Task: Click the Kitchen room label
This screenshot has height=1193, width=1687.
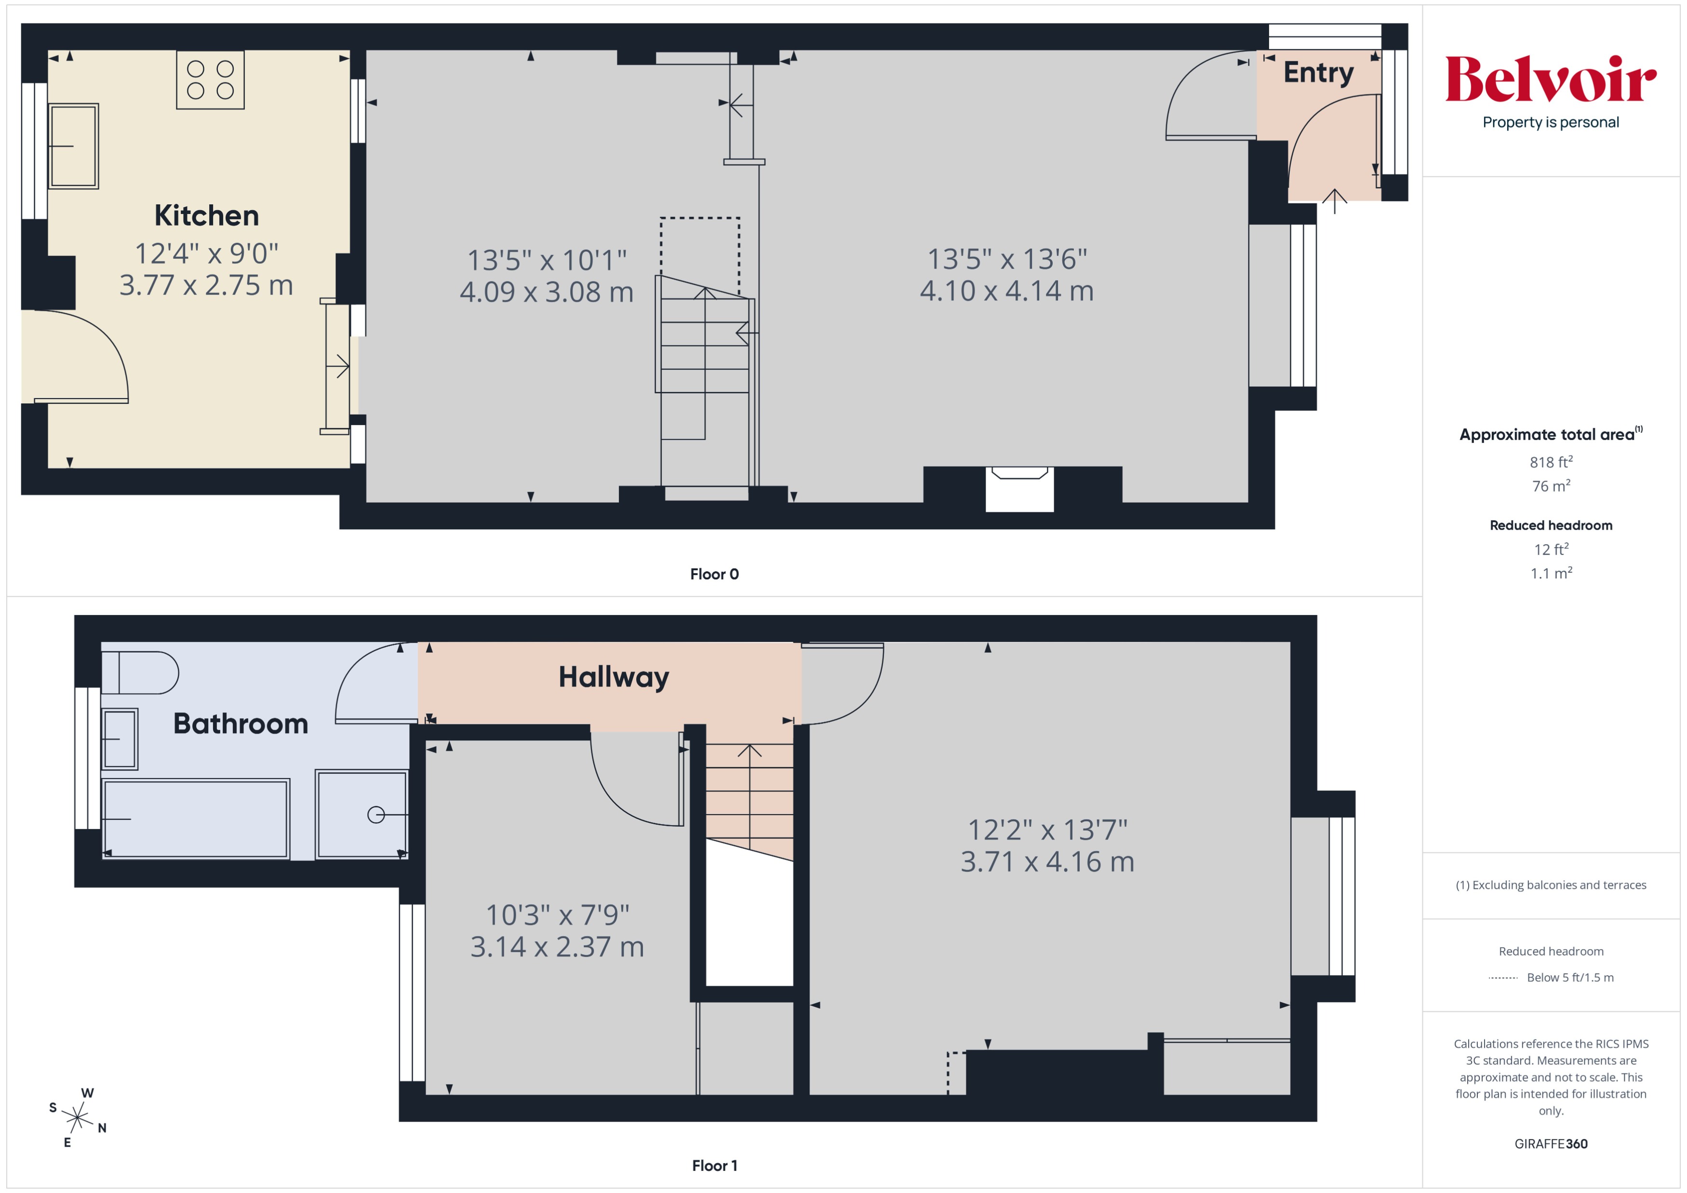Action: tap(206, 215)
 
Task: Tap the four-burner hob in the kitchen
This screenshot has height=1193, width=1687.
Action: tap(210, 80)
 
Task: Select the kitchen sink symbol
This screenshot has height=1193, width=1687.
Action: tap(73, 146)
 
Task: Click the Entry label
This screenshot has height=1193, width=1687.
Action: tap(1318, 73)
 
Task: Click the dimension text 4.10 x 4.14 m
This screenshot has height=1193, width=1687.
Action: tap(1006, 291)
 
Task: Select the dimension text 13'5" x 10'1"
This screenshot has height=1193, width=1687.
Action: tap(547, 260)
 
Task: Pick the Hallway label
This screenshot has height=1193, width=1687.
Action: tap(614, 677)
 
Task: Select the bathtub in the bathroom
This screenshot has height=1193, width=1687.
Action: tap(195, 818)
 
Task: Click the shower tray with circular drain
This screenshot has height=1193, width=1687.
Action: tap(361, 814)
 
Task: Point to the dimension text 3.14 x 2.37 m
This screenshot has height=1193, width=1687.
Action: tap(557, 947)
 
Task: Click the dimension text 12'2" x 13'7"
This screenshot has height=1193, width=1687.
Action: tap(1047, 830)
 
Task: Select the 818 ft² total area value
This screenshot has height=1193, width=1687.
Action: tap(1550, 462)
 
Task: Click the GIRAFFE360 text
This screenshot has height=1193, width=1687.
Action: tap(1550, 1144)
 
